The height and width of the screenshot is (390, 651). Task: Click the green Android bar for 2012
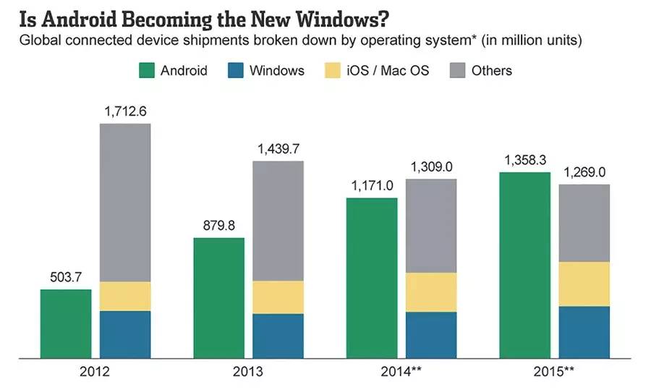tap(65, 323)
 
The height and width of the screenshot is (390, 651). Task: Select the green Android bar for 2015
tap(524, 265)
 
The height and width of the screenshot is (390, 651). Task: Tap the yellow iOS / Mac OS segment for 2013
tap(278, 297)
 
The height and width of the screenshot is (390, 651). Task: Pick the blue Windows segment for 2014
tap(431, 335)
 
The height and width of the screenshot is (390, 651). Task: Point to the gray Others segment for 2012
tap(125, 203)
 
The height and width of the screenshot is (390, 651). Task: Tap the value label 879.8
tap(218, 225)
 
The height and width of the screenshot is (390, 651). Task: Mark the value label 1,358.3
tap(524, 160)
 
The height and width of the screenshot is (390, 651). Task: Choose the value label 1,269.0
tap(584, 172)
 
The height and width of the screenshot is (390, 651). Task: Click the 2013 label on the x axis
tap(249, 373)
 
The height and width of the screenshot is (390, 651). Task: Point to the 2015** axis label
tap(555, 373)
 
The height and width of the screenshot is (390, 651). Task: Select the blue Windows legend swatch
tap(234, 70)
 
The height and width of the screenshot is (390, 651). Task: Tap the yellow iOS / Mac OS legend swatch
tap(332, 70)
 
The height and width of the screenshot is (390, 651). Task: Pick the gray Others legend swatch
tap(456, 70)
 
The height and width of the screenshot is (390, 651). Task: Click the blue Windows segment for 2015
tap(584, 332)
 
